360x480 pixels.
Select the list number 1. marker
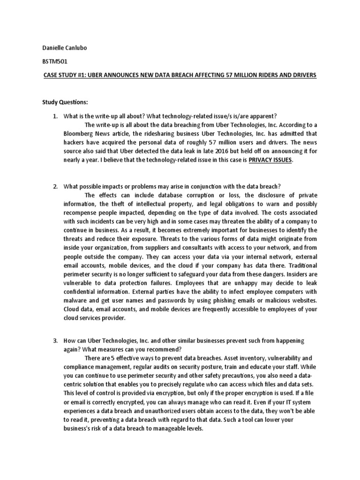point(56,116)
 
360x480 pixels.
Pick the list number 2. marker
point(56,187)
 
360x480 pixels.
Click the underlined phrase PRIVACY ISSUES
point(270,160)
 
